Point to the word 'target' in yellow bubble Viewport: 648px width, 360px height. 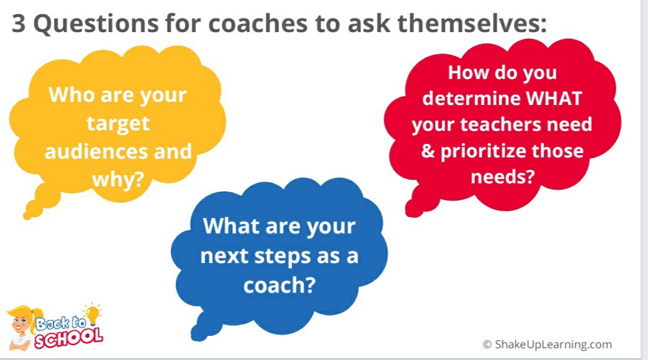pyautogui.click(x=117, y=123)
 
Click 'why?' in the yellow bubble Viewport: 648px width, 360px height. pyautogui.click(x=117, y=179)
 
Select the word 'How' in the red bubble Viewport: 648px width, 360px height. pyautogui.click(x=468, y=72)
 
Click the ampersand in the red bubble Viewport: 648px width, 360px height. pyautogui.click(x=428, y=151)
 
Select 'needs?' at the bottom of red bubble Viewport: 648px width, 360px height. pyautogui.click(x=502, y=177)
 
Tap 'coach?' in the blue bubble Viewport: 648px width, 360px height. pyautogui.click(x=279, y=285)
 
